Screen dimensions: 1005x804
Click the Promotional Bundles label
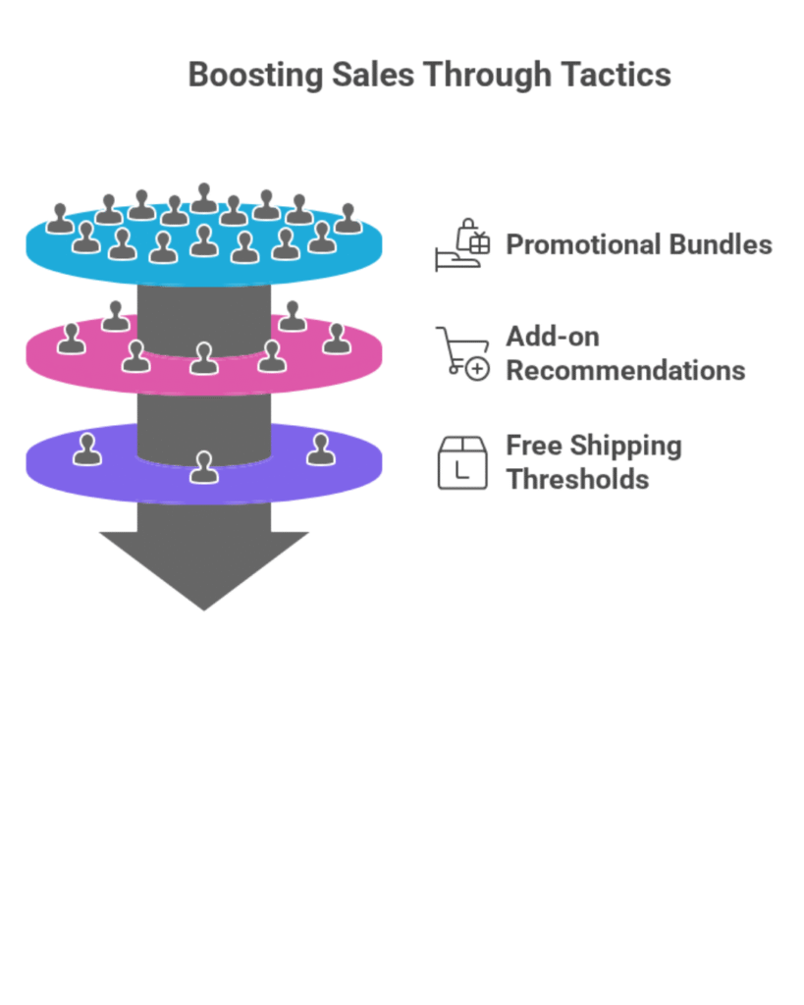pos(638,244)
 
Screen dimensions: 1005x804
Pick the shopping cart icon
pos(461,352)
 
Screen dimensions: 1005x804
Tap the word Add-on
pos(552,337)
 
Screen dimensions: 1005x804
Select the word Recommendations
pos(625,371)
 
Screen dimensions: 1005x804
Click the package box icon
pos(462,462)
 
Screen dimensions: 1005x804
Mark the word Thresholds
pos(577,480)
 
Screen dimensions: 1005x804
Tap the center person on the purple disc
pos(203,467)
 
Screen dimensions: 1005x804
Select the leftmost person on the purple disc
pos(87,450)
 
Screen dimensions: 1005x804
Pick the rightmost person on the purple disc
pos(321,450)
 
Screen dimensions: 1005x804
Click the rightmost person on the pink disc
pos(337,339)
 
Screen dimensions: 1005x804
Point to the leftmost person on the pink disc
pos(71,339)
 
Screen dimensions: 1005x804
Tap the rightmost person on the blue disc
pos(348,219)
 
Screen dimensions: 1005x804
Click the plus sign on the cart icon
pos(477,370)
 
